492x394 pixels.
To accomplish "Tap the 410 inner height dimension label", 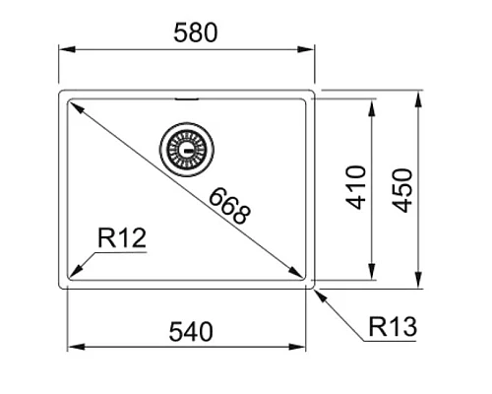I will [x=357, y=186].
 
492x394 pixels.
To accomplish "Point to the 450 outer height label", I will [x=403, y=187].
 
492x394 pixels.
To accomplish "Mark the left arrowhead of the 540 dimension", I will [x=72, y=347].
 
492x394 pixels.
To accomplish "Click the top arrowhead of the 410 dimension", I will [x=372, y=101].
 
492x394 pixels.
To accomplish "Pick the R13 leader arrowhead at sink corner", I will [x=316, y=289].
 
